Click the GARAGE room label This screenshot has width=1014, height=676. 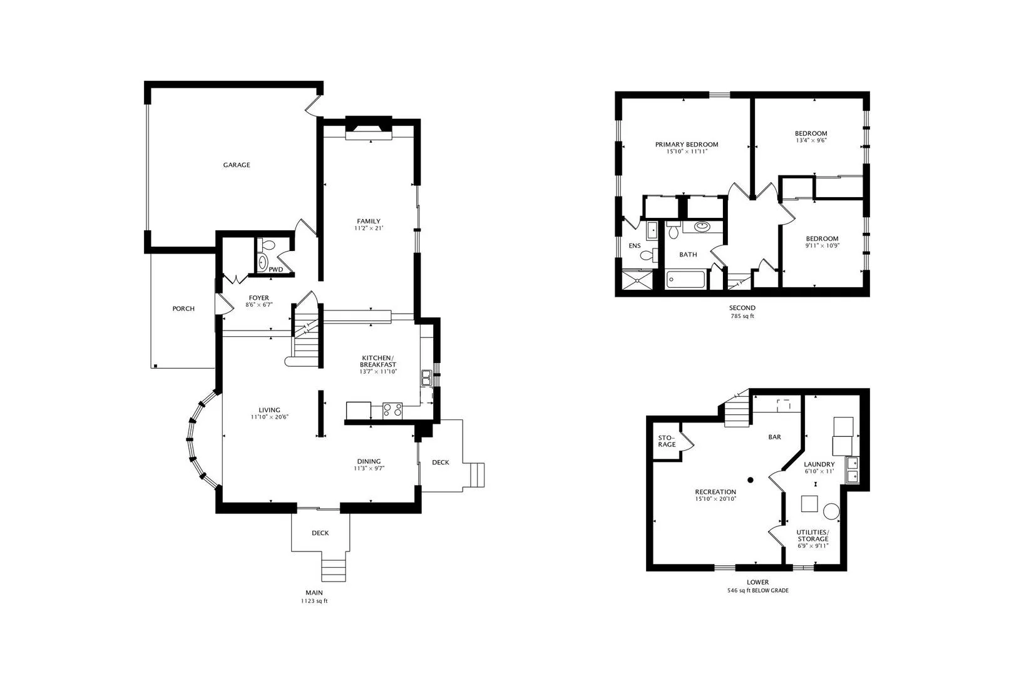click(237, 165)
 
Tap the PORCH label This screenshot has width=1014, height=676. click(183, 309)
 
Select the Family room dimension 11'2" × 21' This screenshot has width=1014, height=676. click(369, 228)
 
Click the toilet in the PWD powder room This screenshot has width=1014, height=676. click(267, 245)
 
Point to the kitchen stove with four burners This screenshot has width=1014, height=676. click(392, 410)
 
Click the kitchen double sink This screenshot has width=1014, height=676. click(426, 377)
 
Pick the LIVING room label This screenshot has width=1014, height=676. click(269, 410)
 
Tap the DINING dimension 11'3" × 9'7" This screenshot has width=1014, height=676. click(369, 469)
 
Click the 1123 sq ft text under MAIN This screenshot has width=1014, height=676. click(314, 602)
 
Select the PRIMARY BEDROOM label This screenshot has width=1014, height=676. click(687, 145)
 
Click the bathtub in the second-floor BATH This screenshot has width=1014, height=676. click(685, 279)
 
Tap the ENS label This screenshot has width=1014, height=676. click(635, 246)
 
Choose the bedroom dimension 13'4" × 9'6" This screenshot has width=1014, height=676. click(811, 141)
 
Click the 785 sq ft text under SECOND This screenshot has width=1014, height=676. click(742, 317)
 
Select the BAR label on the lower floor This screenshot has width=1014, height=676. click(774, 438)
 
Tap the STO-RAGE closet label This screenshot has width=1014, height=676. click(667, 441)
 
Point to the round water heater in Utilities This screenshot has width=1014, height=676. click(831, 511)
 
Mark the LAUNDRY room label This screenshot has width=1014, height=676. click(819, 464)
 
